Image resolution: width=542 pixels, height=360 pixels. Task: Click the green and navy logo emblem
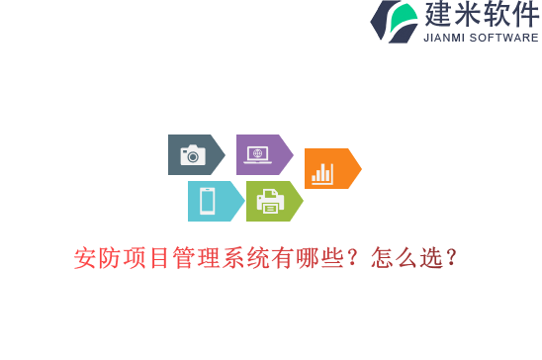[x=394, y=21]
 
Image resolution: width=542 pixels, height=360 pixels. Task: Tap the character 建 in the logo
[x=438, y=15]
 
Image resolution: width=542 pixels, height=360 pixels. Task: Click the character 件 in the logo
[x=526, y=15]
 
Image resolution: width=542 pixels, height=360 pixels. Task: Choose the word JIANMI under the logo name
[x=445, y=38]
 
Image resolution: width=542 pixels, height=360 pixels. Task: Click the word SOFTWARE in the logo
[x=504, y=38]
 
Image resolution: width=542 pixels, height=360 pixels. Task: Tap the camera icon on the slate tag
[x=192, y=155]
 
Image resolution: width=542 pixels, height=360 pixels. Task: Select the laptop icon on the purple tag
[x=257, y=155]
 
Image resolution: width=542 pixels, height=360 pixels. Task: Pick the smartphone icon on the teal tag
[x=207, y=201]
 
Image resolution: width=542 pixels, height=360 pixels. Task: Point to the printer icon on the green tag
[x=270, y=201]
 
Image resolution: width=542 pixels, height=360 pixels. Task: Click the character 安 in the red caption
[x=85, y=258]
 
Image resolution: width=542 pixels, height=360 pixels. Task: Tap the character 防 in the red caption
[x=109, y=258]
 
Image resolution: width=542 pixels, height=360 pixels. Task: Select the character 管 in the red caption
[x=183, y=258]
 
